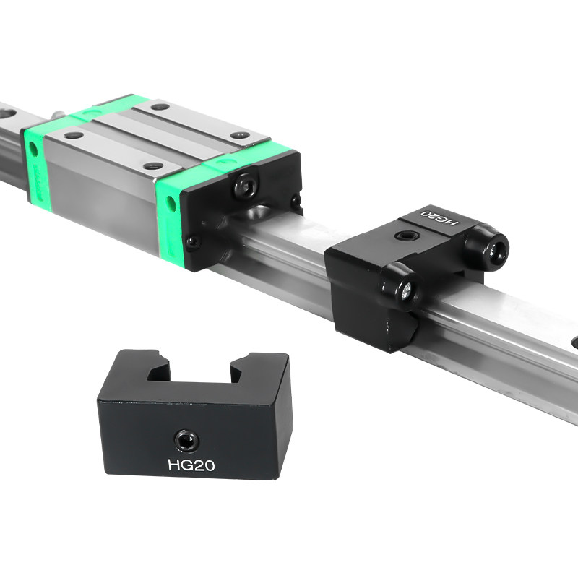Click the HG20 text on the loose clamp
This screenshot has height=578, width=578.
[x=191, y=465]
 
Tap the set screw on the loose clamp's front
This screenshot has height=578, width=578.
[x=186, y=440]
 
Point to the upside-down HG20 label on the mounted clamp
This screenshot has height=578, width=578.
[x=439, y=218]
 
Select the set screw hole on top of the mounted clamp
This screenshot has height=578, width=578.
[x=406, y=236]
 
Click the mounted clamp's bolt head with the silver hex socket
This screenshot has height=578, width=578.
[x=406, y=290]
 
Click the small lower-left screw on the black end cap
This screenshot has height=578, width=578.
[x=193, y=242]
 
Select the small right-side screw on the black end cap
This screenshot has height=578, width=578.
[x=296, y=201]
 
